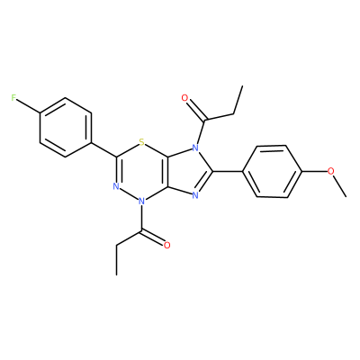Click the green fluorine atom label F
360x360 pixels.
pos(13,98)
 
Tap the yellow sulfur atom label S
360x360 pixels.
pos(142,141)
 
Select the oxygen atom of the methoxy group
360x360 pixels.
pos(330,171)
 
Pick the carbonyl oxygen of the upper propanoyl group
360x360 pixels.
pos(184,98)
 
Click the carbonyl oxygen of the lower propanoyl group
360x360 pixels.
pos(167,245)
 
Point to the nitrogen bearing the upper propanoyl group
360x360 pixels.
pos(195,148)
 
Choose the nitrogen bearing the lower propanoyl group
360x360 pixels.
pos(142,201)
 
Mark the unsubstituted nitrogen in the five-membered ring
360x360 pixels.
pos(195,195)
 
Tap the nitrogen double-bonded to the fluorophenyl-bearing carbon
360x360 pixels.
pos(116,186)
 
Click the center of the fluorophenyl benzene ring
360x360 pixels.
pos(65,127)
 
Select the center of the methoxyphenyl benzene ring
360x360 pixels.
pos(272,171)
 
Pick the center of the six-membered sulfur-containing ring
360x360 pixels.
pos(142,172)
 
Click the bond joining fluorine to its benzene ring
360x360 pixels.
pos(28,105)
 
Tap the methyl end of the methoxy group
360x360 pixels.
pos(346,197)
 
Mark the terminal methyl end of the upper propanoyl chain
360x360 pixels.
pos(242,86)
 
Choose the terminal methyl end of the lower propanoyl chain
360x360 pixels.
pos(116,274)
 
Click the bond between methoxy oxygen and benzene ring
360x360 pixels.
pos(314,171)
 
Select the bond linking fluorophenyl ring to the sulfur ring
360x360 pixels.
pos(103,149)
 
